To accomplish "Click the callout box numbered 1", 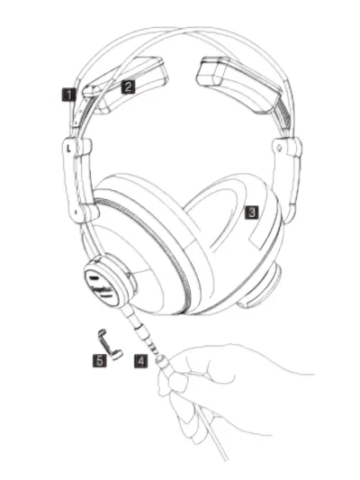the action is coord(68,95).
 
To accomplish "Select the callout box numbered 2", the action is coord(128,87).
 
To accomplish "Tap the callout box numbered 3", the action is coord(252,213).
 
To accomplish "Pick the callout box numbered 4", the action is coord(140,361).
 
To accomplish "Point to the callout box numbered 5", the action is coord(100,361).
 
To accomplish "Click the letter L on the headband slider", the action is coord(68,149).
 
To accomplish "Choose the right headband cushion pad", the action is coord(238,83).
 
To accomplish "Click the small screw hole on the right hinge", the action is coord(278,148).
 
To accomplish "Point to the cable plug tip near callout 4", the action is coord(160,358).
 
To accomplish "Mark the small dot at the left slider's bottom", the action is coord(76,212).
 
